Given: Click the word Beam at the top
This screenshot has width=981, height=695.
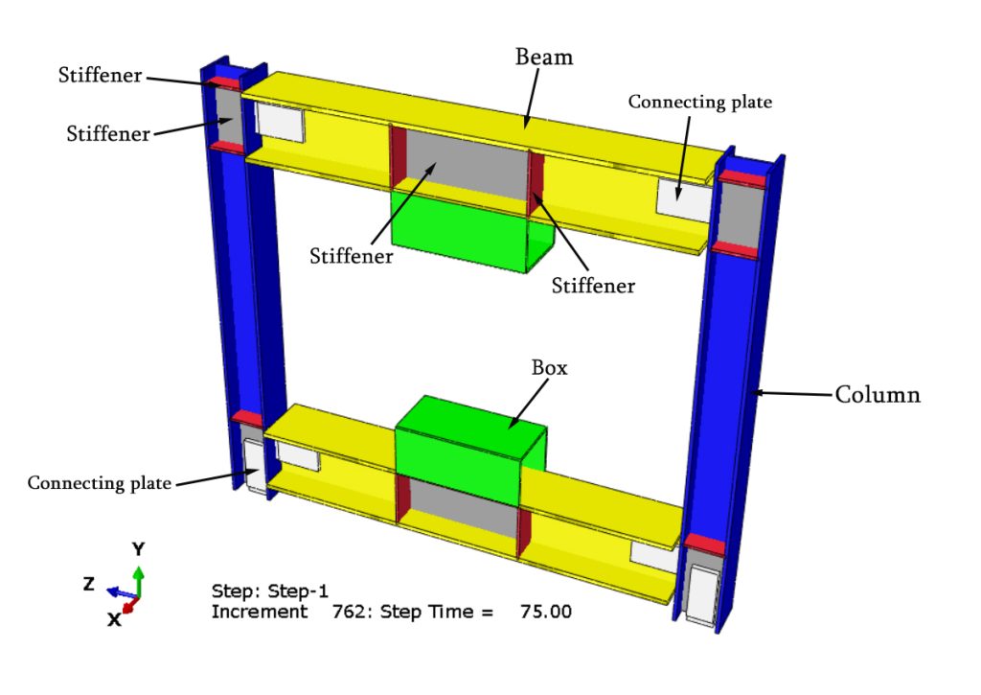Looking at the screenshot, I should click(544, 58).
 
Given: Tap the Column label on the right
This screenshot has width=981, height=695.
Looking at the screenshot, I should click(878, 394).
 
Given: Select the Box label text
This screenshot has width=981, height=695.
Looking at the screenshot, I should click(550, 368).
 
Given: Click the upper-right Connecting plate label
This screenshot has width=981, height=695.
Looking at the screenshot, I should click(699, 101).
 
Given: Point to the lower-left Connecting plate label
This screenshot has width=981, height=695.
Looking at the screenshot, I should click(100, 482).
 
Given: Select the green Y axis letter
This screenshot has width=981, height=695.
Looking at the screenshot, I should click(139, 549).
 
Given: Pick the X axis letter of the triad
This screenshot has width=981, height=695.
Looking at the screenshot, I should click(114, 619).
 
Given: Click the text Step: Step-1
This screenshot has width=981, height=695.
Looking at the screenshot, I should click(269, 591).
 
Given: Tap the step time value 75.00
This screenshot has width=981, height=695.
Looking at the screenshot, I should click(545, 612).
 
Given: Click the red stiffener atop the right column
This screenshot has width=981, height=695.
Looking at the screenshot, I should click(742, 179).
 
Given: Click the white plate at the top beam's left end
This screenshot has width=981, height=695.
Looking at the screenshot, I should click(280, 121).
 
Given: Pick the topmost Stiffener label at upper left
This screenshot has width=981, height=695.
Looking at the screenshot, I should click(99, 76).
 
